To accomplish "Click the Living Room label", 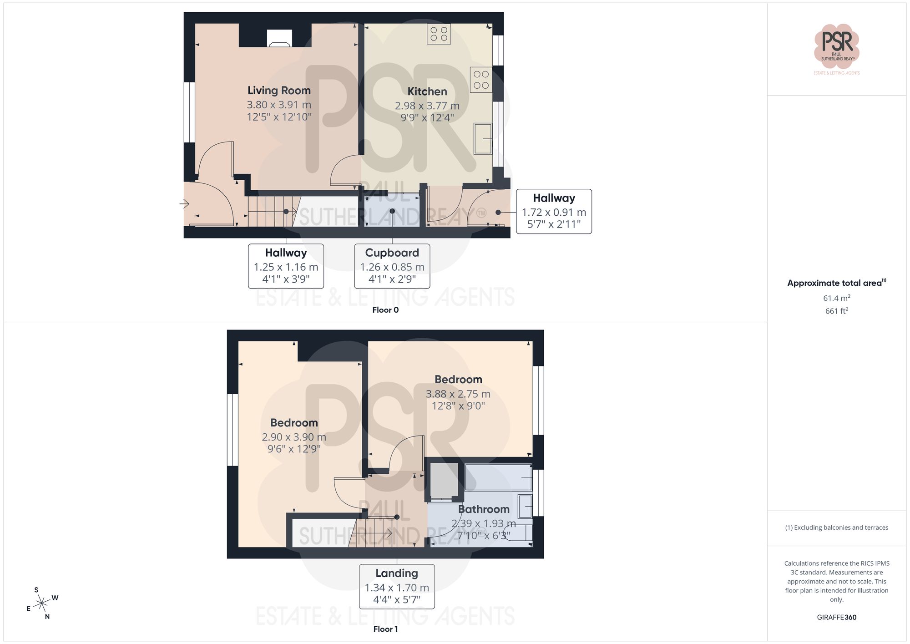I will [x=279, y=91].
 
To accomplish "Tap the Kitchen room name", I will [x=427, y=91].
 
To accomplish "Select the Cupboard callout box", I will [x=392, y=266].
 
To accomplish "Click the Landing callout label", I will [x=397, y=573].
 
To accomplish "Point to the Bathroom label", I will [x=484, y=509].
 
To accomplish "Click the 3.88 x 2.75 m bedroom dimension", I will [x=458, y=394].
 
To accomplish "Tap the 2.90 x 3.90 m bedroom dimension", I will [x=294, y=437].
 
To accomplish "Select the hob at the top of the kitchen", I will [x=439, y=34].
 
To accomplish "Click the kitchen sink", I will [x=483, y=138].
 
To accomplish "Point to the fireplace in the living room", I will [x=279, y=38].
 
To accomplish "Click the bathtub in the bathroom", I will [x=498, y=477].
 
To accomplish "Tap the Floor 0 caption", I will [x=385, y=310].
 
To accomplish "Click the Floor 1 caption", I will [x=385, y=629].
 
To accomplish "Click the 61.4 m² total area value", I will [x=836, y=298].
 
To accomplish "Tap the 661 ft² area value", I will [x=836, y=311].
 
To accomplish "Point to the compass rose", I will [x=42, y=603].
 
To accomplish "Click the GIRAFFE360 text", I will [x=836, y=617].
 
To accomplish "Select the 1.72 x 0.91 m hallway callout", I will [x=554, y=212].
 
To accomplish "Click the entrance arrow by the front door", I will [x=184, y=203].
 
